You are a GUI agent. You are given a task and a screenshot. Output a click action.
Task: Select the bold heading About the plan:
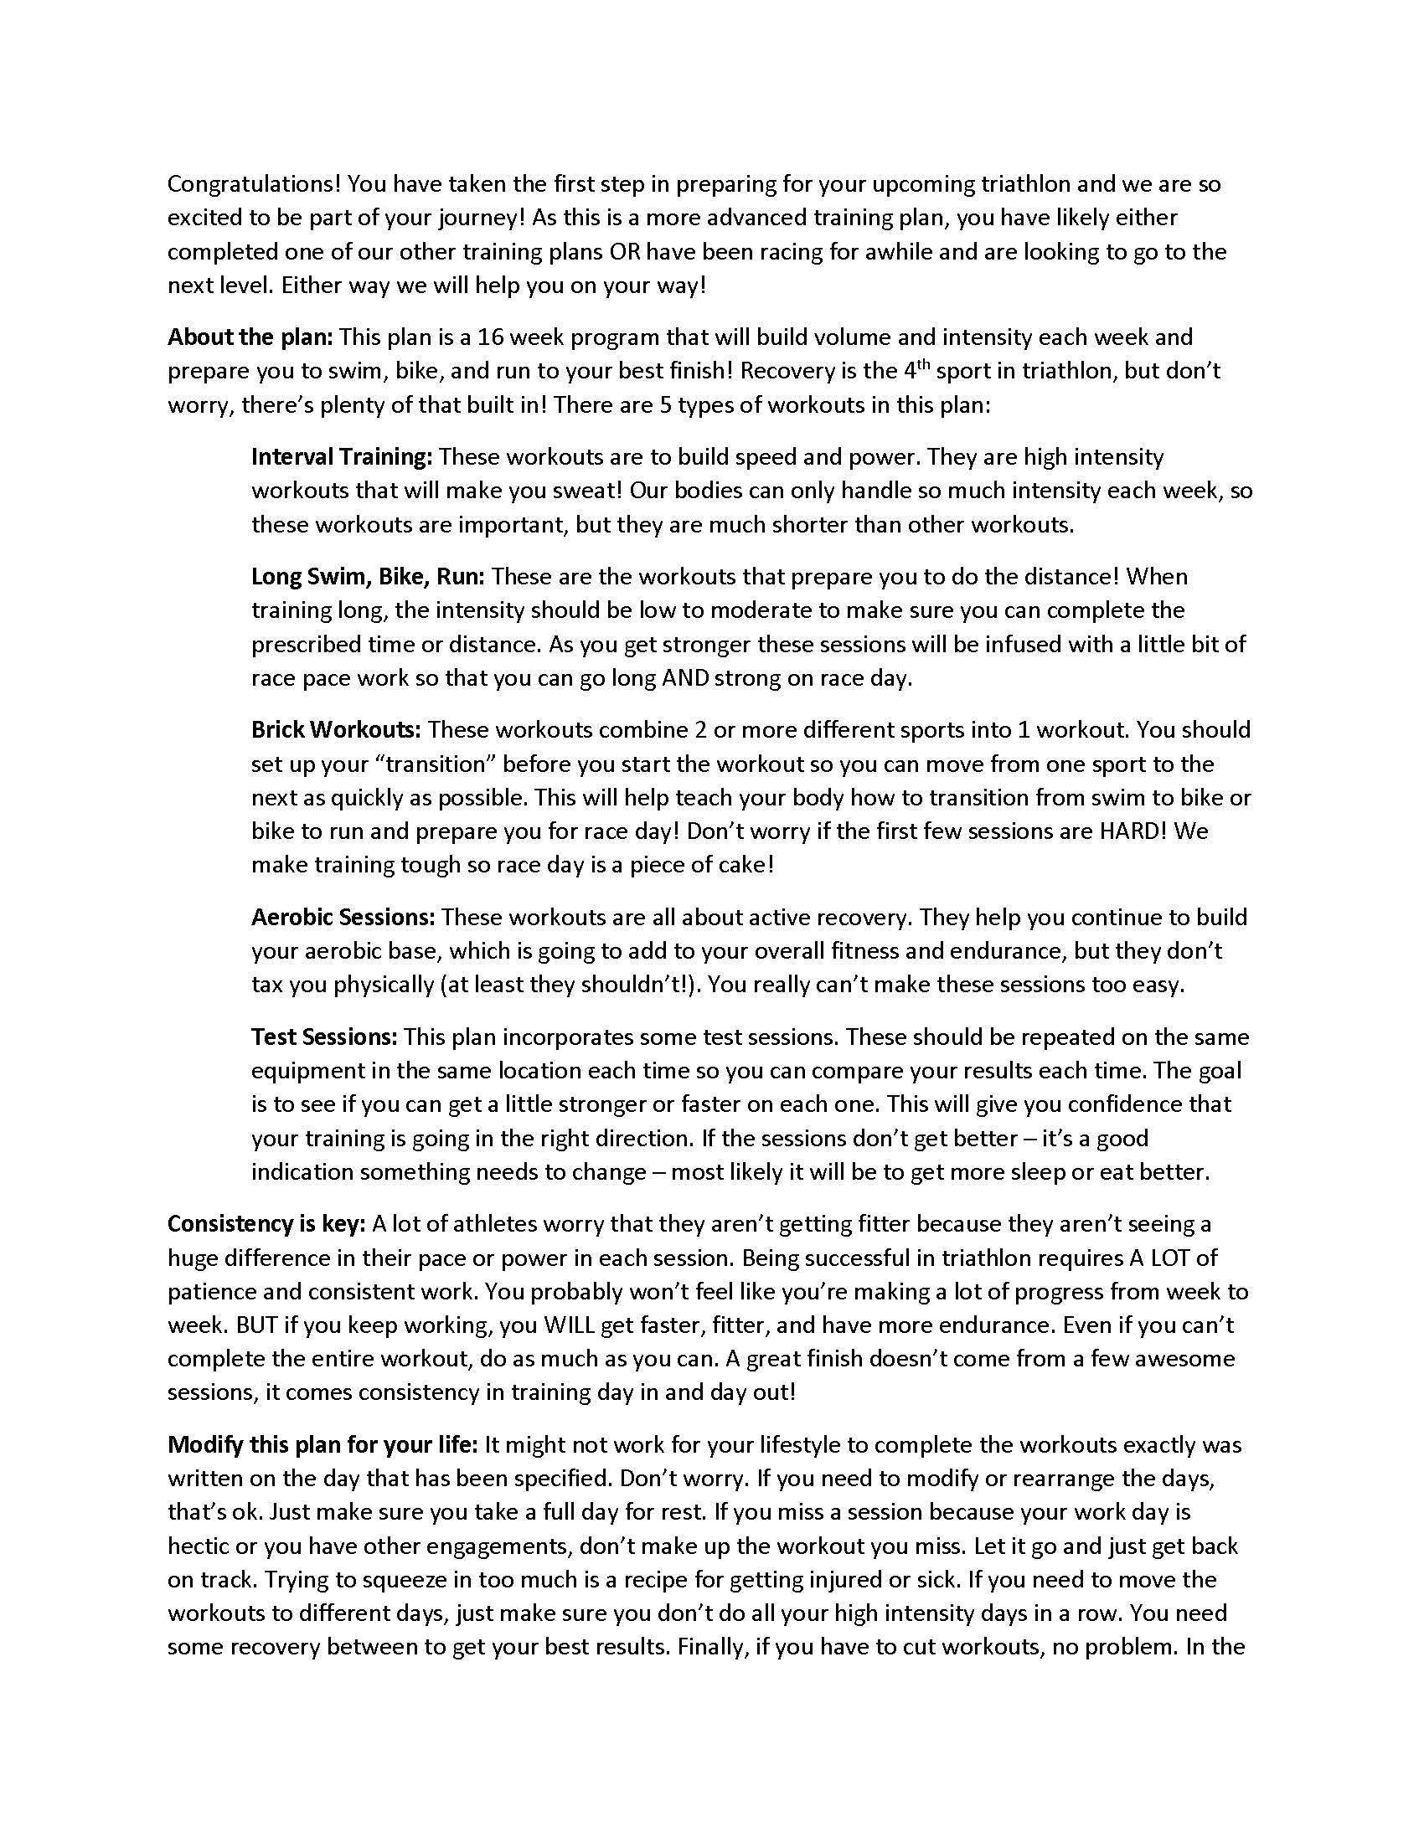250,337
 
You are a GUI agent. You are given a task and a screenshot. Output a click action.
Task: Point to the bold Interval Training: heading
342,457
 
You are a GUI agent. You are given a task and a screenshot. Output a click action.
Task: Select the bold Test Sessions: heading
324,1037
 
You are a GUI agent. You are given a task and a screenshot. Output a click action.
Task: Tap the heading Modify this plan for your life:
322,1445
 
